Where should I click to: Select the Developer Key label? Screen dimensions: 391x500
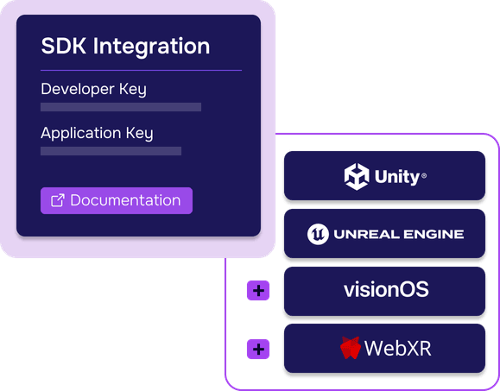point(94,89)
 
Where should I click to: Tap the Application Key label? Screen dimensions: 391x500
point(97,133)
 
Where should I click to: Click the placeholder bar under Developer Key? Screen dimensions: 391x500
point(121,107)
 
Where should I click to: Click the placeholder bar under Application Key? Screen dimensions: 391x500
point(111,151)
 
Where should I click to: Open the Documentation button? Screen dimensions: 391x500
point(117,200)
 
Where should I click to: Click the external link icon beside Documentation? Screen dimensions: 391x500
point(58,200)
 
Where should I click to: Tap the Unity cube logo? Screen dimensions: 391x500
point(357,177)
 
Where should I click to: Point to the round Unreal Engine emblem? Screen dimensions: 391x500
point(318,234)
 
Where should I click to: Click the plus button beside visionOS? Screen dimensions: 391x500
point(258,291)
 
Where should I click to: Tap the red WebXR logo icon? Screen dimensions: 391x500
point(350,349)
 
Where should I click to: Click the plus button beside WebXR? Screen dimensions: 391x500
point(258,350)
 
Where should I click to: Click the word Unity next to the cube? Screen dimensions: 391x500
point(396,177)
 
